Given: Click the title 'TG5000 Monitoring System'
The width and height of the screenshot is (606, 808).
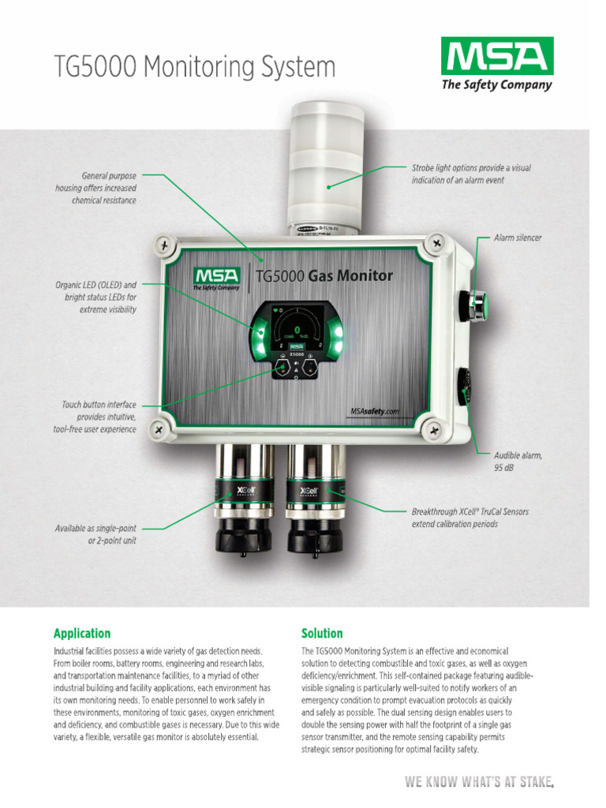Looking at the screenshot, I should coord(194,66).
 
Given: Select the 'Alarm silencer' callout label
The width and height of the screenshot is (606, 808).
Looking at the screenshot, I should coord(517,238).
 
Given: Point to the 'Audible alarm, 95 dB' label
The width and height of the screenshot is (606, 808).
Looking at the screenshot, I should coord(518,462).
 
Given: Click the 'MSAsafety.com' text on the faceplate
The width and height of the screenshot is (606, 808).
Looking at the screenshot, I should coord(375,411).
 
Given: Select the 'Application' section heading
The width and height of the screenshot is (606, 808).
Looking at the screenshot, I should coord(82,633).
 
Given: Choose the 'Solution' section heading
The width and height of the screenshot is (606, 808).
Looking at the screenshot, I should coord(322,633).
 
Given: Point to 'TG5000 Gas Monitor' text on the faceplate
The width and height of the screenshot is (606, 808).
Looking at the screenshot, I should coord(324,275).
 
